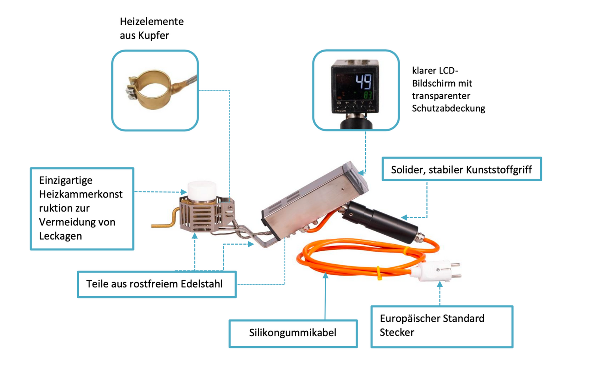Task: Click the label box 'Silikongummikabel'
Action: coord(293,333)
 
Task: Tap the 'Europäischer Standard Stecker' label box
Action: coord(442,326)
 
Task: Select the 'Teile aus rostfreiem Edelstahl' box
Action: coord(156,284)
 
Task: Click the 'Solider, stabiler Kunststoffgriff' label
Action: coord(461,170)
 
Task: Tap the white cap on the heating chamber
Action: coord(202,190)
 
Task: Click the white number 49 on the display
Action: coord(363,81)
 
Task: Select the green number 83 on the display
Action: coord(368,95)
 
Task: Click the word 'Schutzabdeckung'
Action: coord(448,108)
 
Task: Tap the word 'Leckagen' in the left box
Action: coord(60,236)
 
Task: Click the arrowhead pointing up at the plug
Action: coord(440,284)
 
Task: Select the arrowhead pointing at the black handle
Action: coord(404,217)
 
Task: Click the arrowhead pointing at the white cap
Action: coord(184,192)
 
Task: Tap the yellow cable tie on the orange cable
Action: coord(379,273)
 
